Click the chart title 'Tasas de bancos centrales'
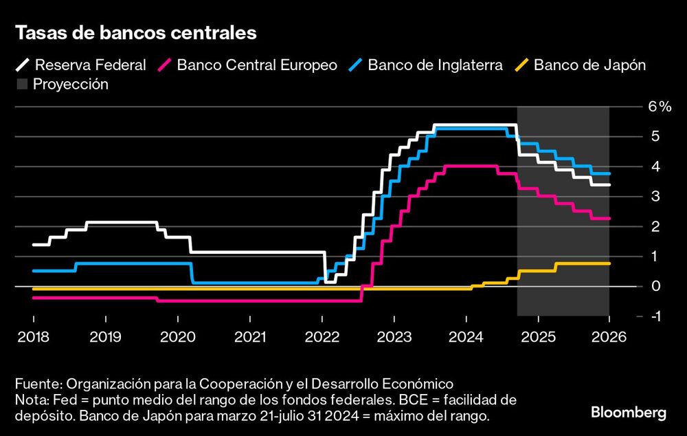click(136, 32)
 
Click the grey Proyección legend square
click(21, 85)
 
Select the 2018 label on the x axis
click(34, 338)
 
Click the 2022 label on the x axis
click(322, 338)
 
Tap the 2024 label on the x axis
click(466, 338)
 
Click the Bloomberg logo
click(629, 413)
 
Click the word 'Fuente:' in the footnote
click(37, 384)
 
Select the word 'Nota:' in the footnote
click(32, 400)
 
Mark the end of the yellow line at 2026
click(609, 263)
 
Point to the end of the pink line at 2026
click(609, 218)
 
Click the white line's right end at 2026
click(609, 184)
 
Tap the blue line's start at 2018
click(34, 271)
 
